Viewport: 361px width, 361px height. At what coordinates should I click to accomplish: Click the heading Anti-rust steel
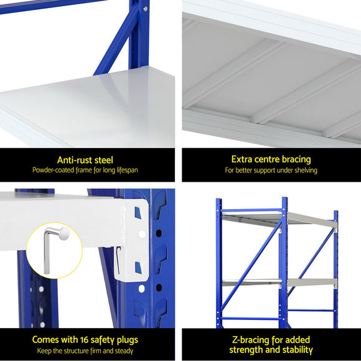[85, 160]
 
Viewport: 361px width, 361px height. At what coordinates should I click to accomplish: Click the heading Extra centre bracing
[271, 160]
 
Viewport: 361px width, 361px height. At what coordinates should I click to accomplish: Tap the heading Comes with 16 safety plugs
[85, 340]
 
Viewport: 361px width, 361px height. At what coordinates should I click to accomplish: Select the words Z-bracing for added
[271, 340]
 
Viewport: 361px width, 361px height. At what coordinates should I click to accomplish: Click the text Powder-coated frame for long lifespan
[85, 170]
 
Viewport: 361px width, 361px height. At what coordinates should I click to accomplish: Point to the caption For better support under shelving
[271, 170]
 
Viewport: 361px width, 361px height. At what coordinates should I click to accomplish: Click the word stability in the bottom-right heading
[298, 350]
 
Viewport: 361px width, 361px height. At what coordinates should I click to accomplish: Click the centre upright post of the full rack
[283, 261]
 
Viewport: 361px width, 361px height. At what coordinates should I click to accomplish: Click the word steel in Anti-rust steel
[102, 160]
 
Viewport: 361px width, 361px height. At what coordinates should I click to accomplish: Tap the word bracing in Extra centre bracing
[294, 160]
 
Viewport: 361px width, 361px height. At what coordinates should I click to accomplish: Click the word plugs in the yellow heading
[125, 340]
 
